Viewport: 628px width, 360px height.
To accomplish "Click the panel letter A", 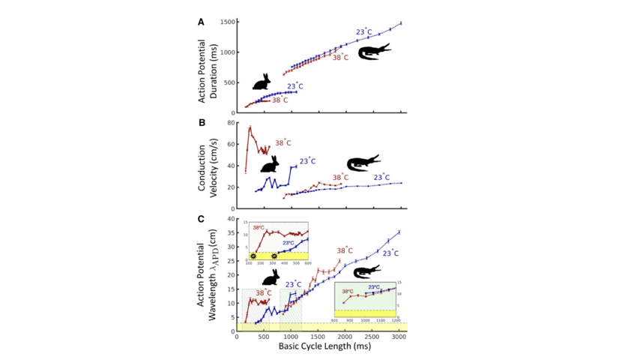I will point(201,22).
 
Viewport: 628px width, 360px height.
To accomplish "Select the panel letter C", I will point(201,219).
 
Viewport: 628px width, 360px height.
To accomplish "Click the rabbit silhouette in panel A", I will point(262,82).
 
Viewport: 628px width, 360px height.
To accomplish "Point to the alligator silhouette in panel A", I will point(373,52).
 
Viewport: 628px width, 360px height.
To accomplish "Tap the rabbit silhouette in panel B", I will point(271,163).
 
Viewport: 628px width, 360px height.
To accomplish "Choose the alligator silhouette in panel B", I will point(363,163).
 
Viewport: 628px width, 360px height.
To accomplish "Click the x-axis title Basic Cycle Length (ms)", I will point(318,349).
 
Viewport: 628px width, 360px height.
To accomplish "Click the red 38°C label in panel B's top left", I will point(283,142).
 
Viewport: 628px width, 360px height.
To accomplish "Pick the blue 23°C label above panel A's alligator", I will point(363,31).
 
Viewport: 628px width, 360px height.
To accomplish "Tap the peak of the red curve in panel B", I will point(250,127).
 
